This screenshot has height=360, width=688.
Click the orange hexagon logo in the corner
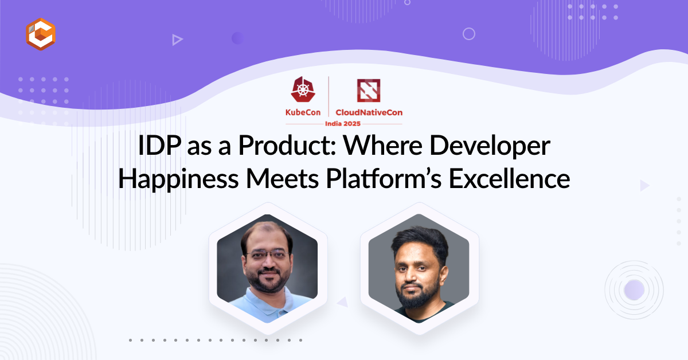click(x=41, y=34)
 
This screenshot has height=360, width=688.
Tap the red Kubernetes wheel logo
click(x=303, y=89)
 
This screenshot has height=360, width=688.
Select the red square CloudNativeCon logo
click(x=369, y=91)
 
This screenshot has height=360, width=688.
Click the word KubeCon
click(x=303, y=112)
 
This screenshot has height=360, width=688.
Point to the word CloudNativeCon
click(x=369, y=112)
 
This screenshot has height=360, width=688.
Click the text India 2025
click(x=343, y=124)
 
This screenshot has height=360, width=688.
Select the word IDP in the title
click(x=159, y=145)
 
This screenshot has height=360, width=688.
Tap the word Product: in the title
click(x=287, y=145)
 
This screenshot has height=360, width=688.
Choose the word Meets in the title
click(x=282, y=179)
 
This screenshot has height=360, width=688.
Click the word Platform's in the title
click(x=384, y=178)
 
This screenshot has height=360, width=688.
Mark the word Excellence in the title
click(x=510, y=178)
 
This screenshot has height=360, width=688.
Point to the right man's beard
click(x=418, y=294)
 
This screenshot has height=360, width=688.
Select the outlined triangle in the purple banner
click(x=177, y=40)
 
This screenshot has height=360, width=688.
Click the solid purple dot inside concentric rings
click(x=634, y=290)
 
